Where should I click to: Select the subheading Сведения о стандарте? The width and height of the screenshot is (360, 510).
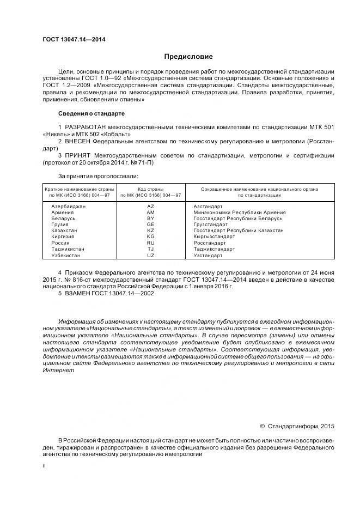pos(91,113)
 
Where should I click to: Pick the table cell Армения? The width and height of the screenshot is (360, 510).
pos(62,212)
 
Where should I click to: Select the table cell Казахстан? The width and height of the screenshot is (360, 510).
pos(64,230)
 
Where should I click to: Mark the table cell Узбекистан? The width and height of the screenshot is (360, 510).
pos(66,255)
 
